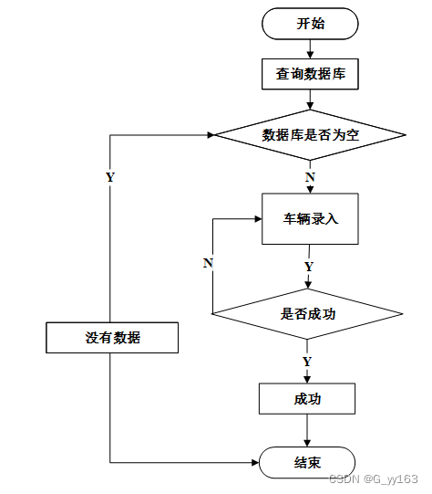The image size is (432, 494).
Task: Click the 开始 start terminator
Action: (x=310, y=24)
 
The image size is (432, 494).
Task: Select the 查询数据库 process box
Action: (x=310, y=74)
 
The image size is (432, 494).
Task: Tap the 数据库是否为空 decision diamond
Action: (x=310, y=135)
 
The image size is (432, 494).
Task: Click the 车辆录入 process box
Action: (x=310, y=218)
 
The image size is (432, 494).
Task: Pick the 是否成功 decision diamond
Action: (x=307, y=314)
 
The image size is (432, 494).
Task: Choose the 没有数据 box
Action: (x=112, y=338)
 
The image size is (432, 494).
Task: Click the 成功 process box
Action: (x=307, y=398)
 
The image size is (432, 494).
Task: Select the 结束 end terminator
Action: (x=307, y=462)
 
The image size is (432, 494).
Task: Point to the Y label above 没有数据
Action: (x=110, y=177)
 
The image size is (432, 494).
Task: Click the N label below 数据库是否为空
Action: (x=310, y=177)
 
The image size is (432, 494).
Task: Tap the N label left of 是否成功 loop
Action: (x=208, y=263)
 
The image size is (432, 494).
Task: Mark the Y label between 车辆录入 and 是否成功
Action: (x=309, y=267)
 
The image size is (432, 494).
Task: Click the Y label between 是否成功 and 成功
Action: (x=307, y=362)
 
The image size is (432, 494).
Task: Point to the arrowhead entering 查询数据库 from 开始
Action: (x=310, y=55)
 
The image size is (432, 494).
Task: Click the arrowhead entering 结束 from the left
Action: (x=255, y=462)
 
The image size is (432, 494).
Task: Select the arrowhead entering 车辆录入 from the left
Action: (x=258, y=218)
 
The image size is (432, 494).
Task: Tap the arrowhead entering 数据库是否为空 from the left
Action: (x=210, y=135)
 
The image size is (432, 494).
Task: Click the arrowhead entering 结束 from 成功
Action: (x=307, y=443)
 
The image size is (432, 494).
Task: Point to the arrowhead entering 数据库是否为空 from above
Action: (x=310, y=106)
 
